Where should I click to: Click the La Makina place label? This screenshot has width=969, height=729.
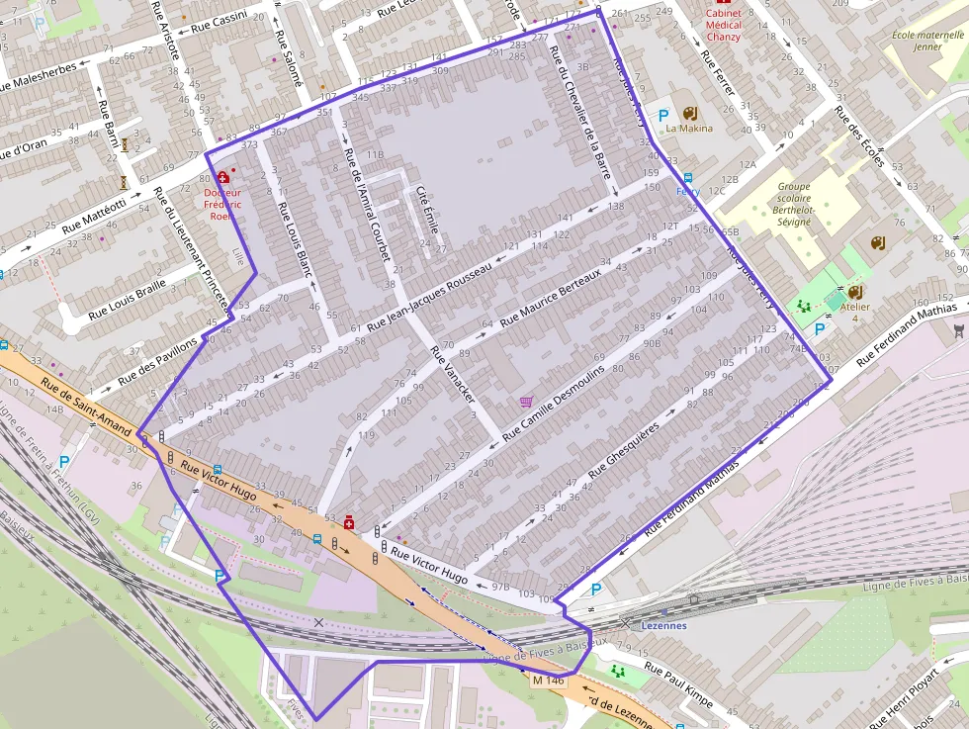click(x=688, y=129)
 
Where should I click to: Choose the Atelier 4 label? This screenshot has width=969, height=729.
click(x=855, y=313)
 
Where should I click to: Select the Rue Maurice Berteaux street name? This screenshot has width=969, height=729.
click(x=552, y=298)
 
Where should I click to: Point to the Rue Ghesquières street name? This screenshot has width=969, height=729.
click(x=623, y=452)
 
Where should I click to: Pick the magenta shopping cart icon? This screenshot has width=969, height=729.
click(x=526, y=402)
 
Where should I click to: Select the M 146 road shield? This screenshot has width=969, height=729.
click(x=548, y=681)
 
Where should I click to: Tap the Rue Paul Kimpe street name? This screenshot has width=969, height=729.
click(x=678, y=683)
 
